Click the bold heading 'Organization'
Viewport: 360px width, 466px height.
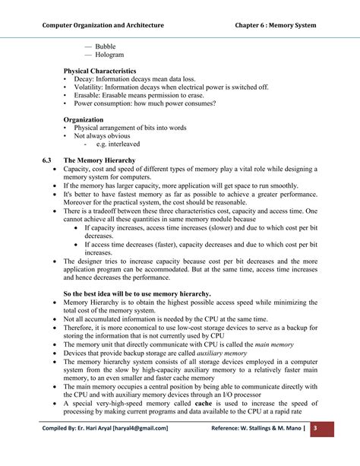[x=84, y=119]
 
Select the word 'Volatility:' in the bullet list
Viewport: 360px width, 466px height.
[x=90, y=87]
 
